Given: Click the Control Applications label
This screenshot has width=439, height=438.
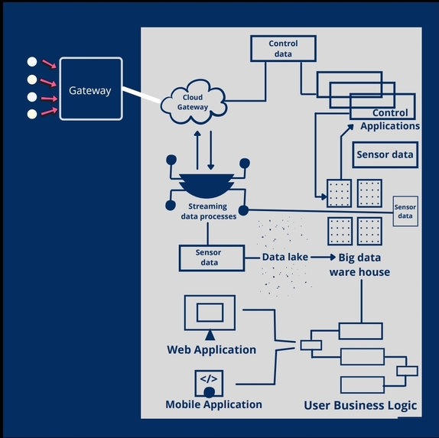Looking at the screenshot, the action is pos(390,119).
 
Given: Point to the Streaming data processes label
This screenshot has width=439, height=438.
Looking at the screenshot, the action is pos(208,211).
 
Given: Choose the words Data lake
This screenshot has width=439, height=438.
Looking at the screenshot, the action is pos(285,257).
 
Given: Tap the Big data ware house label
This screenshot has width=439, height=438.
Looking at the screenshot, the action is pos(359,264).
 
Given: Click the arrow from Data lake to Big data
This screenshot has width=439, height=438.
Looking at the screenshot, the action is pos(323,257).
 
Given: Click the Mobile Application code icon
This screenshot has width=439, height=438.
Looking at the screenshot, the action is pos(209,384).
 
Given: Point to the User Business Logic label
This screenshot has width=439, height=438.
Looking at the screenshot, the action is pos(360,405).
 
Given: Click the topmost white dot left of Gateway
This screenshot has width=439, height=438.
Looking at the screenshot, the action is pos(32,62).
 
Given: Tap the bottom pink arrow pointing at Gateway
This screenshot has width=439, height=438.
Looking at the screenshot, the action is pos(49,111).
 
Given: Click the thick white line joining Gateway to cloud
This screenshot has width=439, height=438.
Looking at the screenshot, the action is pos(141,95).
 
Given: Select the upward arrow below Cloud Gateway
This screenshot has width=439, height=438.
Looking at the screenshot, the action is pos(197,150).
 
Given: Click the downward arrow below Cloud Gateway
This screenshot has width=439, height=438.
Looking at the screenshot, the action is pos(211,150).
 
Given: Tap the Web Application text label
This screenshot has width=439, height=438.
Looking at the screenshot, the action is pos(211,350).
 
